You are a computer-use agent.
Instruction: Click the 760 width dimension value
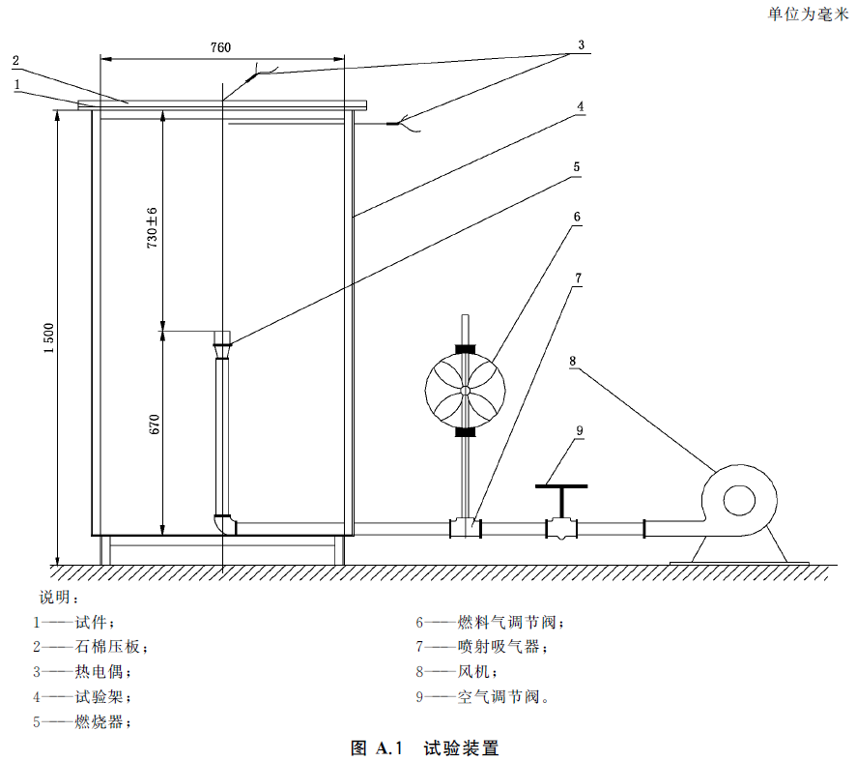click(x=221, y=47)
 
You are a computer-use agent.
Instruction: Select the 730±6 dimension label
click(x=152, y=228)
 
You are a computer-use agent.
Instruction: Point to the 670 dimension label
click(x=152, y=426)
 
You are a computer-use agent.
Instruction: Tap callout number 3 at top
click(x=582, y=44)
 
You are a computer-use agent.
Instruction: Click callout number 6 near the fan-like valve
click(x=577, y=217)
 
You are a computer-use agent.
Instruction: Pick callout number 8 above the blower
click(x=572, y=361)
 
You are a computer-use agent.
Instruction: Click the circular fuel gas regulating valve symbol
click(x=465, y=391)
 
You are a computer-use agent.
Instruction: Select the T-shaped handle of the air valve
click(x=560, y=486)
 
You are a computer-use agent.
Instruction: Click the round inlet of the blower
click(x=739, y=500)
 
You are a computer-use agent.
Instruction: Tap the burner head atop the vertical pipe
click(x=222, y=339)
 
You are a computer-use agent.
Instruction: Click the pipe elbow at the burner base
click(x=225, y=523)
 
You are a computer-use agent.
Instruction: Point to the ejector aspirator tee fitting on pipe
click(x=466, y=528)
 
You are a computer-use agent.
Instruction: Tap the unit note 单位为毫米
click(x=808, y=13)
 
